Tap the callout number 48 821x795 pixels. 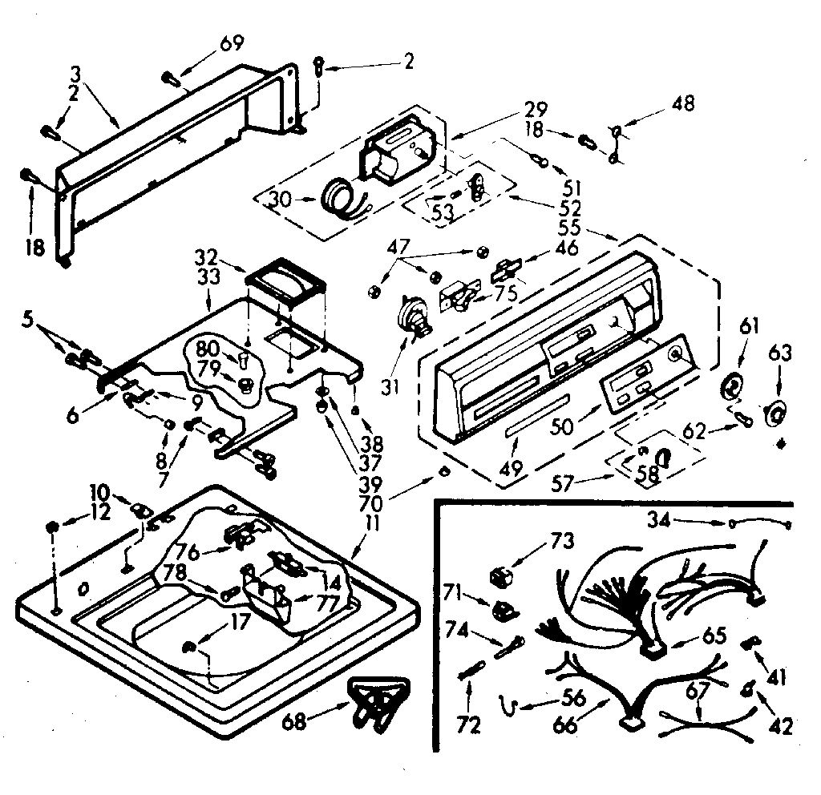click(684, 103)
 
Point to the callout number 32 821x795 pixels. click(205, 258)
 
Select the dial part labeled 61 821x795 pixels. click(730, 388)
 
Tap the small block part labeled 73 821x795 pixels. click(501, 575)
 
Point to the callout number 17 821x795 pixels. click(239, 619)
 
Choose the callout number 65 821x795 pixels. click(714, 636)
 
